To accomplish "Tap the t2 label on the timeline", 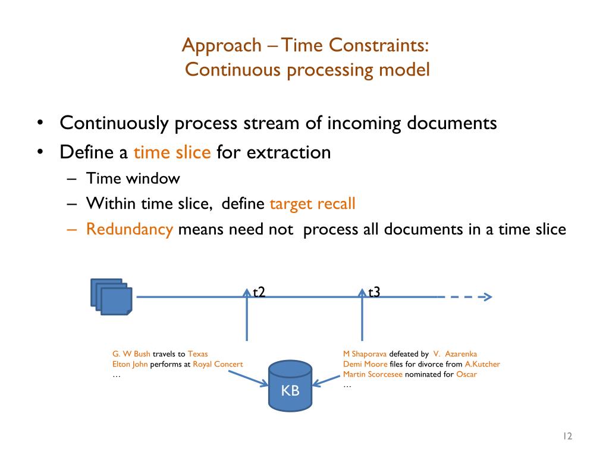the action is pos(259,292).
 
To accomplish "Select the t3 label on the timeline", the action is pos(375,292).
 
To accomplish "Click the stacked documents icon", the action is pos(111,297).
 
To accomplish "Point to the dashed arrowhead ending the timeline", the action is pos(486,297).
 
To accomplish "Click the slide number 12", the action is pos(566,437).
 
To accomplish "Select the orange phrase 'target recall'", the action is pos(312,204).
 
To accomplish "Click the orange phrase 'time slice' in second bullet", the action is pos(172,152).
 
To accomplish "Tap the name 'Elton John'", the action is pos(130,364).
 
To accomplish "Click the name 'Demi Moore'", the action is pos(365,364).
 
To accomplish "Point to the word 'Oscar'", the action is pos(466,374).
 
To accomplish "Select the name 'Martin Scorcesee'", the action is pos(373,374).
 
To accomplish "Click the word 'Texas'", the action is pos(198,354).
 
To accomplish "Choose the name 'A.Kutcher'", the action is pos(482,364).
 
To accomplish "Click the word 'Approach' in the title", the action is pos(213,45).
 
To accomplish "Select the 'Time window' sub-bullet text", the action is pos(133,179).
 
